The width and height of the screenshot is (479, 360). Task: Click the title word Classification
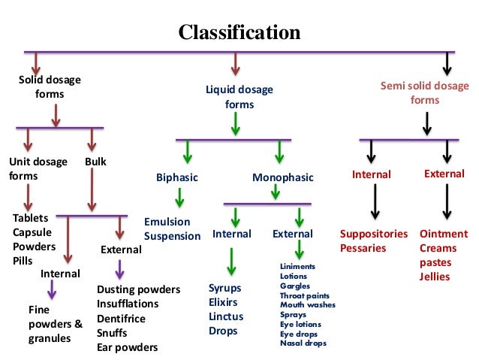[239, 33]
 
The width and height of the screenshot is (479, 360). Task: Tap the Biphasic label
[176, 177]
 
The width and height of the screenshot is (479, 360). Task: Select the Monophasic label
[282, 177]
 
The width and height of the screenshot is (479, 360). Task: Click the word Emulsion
[167, 222]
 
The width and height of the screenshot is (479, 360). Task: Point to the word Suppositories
[374, 234]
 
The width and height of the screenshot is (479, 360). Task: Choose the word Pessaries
[363, 248]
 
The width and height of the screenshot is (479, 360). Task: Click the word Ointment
[443, 234]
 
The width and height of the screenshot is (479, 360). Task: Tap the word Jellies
[435, 277]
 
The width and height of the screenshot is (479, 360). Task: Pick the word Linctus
[227, 316]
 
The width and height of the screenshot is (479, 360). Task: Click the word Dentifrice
[122, 318]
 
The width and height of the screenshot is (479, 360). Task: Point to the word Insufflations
[128, 304]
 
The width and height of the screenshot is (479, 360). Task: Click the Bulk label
[95, 162]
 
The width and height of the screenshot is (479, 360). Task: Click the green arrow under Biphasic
[179, 198]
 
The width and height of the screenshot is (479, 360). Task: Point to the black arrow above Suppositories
[373, 202]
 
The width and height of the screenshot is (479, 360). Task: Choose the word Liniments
[297, 267]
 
